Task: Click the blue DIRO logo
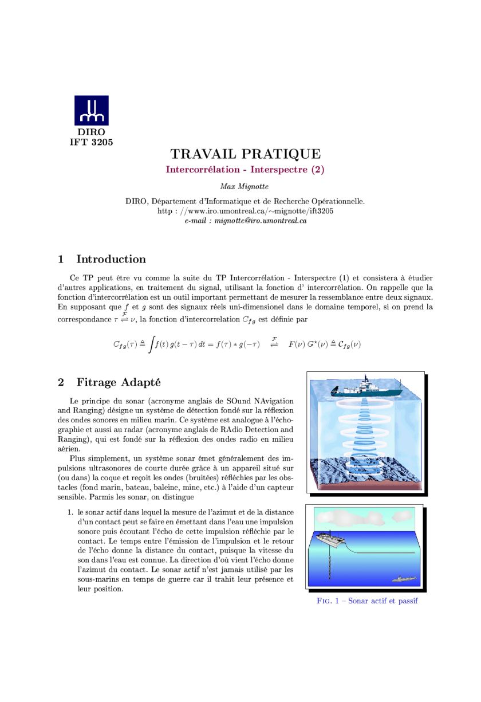click(x=91, y=111)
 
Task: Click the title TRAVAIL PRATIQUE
click(x=245, y=154)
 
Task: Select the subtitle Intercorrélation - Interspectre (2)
click(x=245, y=170)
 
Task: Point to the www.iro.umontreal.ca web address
click(x=245, y=211)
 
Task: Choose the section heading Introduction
click(x=111, y=259)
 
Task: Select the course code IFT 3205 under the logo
click(x=91, y=142)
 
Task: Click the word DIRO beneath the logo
click(x=91, y=132)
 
